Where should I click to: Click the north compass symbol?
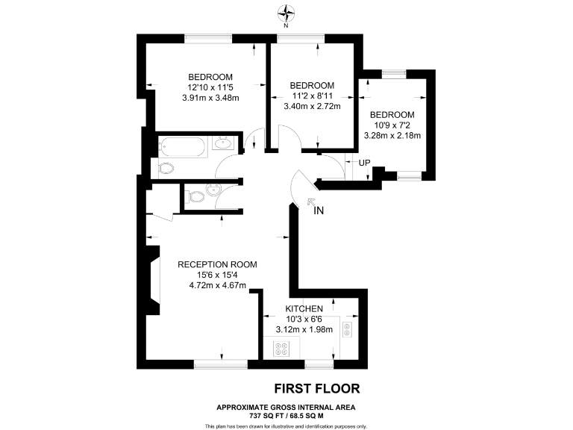click(286, 13)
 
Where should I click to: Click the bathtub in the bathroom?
click(182, 146)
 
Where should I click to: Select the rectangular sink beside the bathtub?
click(222, 144)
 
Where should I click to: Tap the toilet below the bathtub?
click(166, 168)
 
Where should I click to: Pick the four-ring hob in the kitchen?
click(282, 348)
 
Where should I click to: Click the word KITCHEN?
click(305, 308)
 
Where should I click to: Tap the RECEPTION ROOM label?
click(217, 264)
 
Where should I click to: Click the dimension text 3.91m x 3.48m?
click(210, 97)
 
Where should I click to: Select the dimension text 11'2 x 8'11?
click(312, 96)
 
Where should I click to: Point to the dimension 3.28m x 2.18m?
click(392, 136)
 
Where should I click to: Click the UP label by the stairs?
click(364, 163)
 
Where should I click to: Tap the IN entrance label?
click(319, 211)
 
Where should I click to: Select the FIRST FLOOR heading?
click(317, 388)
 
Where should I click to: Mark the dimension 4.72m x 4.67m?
click(217, 284)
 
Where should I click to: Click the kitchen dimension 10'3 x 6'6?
click(305, 320)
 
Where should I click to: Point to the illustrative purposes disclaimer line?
click(286, 426)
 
